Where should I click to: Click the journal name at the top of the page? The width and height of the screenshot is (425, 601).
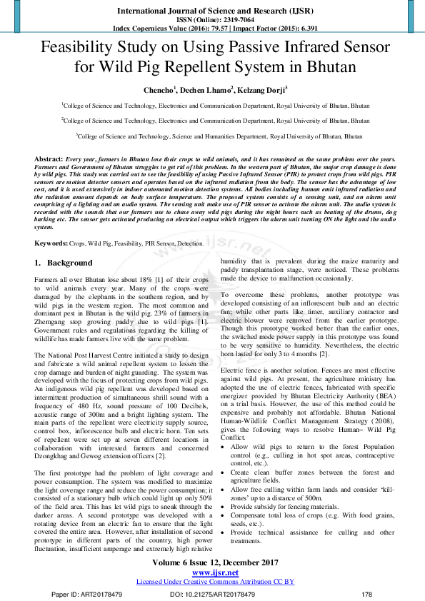tap(212, 11)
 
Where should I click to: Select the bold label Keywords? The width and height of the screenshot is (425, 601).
tap(52, 243)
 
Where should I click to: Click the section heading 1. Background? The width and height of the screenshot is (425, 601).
tap(64, 263)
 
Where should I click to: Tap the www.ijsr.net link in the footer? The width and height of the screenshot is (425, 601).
tap(212, 572)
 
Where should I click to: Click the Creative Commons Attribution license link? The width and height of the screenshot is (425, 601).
tap(212, 582)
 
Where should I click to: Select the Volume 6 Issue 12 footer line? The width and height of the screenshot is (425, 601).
tap(212, 563)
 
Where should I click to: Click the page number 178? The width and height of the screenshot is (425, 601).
tap(367, 594)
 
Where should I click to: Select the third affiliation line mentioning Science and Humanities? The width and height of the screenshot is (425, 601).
tap(212, 135)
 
